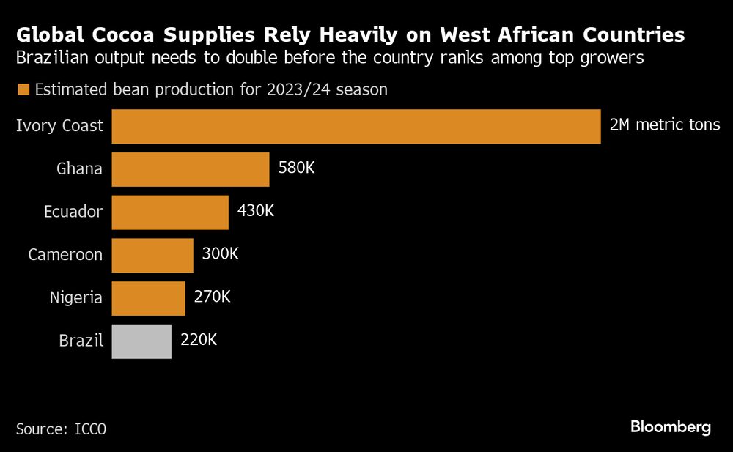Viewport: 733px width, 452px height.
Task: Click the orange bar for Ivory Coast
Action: point(356,126)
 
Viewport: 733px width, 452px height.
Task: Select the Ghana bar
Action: point(191,169)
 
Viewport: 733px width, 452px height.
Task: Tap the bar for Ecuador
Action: point(170,212)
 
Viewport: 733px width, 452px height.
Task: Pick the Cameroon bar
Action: point(152,255)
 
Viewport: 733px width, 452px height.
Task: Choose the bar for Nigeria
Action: point(148,298)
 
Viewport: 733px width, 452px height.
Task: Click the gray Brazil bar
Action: point(141,341)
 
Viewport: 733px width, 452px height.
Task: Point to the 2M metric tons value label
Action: point(665,125)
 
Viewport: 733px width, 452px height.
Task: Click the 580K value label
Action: point(296,168)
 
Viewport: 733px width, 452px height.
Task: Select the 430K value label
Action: point(256,212)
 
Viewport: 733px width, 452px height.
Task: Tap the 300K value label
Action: point(220,254)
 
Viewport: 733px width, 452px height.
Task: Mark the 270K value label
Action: point(212,297)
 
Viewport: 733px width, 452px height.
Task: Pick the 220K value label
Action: point(198,341)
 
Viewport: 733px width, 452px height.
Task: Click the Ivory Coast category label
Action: point(60,126)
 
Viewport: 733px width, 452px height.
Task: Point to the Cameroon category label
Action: point(65,255)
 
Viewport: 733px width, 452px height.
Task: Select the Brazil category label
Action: point(81,341)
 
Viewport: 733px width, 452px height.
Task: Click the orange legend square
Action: point(23,90)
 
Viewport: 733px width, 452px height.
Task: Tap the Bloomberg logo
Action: point(671,427)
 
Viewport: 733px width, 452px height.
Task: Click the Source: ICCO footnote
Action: point(61,428)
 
